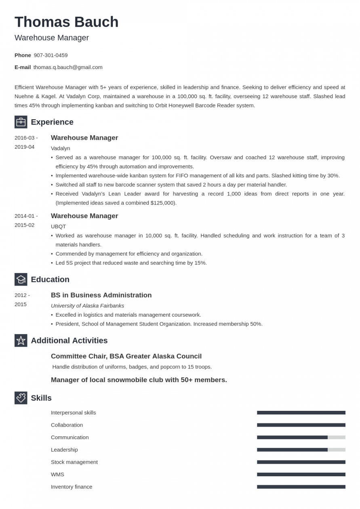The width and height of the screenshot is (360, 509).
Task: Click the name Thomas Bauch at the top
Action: pos(66,22)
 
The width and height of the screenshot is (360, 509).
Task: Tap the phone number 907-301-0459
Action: pos(51,55)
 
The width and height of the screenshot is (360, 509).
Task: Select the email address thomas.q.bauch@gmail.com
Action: pos(68,67)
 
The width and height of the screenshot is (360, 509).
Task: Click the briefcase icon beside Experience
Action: pos(21,122)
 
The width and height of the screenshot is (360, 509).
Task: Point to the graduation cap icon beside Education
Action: pos(21,279)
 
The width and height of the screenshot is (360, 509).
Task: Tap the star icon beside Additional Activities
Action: pos(21,341)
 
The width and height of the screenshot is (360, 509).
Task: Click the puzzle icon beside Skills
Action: pos(21,398)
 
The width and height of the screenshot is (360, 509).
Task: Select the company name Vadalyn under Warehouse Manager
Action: pos(60,148)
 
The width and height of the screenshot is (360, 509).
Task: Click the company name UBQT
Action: pos(58,226)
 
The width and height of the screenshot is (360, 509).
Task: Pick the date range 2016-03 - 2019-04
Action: pos(26,142)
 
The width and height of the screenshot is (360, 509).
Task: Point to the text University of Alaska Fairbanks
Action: pos(87,305)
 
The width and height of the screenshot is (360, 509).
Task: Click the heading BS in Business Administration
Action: pos(101,295)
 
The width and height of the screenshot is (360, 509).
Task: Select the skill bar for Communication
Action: pos(301,437)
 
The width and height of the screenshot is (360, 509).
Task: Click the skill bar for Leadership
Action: pos(301,450)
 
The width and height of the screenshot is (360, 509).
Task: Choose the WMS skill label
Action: pos(57,474)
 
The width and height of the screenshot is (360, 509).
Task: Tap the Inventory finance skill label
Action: pos(72,487)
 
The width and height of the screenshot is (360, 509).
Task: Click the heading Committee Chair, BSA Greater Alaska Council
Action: pos(126,356)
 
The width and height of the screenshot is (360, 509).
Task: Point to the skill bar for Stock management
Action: pos(301,462)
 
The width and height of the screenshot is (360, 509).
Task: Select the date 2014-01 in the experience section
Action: pos(24,216)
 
